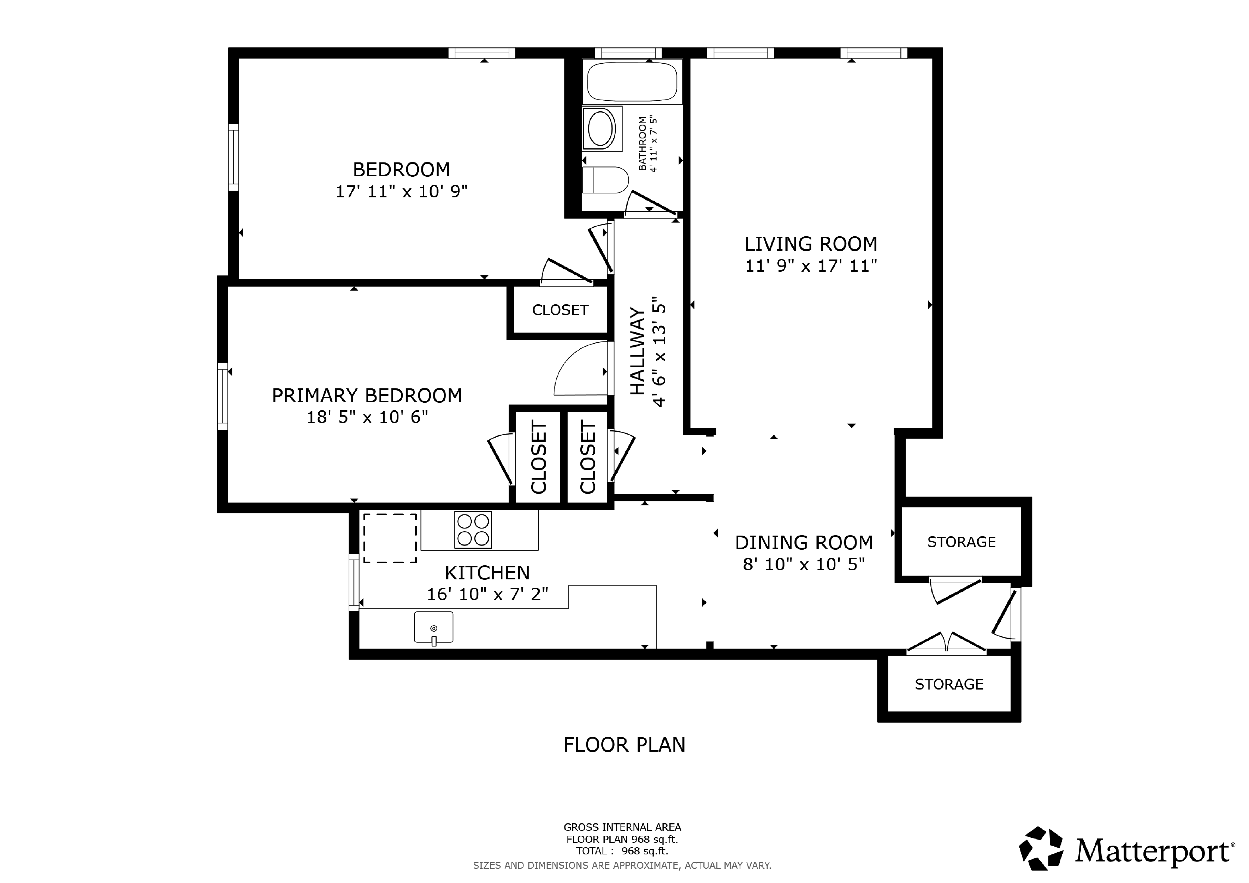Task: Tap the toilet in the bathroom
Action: (x=605, y=180)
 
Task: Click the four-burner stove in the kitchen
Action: (x=473, y=530)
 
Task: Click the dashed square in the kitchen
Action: (x=390, y=538)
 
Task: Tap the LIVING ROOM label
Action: (x=811, y=244)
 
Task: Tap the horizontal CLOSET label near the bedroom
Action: (x=560, y=310)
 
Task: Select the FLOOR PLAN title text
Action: (x=624, y=744)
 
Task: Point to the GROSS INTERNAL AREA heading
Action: (x=622, y=827)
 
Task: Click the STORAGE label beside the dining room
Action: (x=961, y=542)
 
